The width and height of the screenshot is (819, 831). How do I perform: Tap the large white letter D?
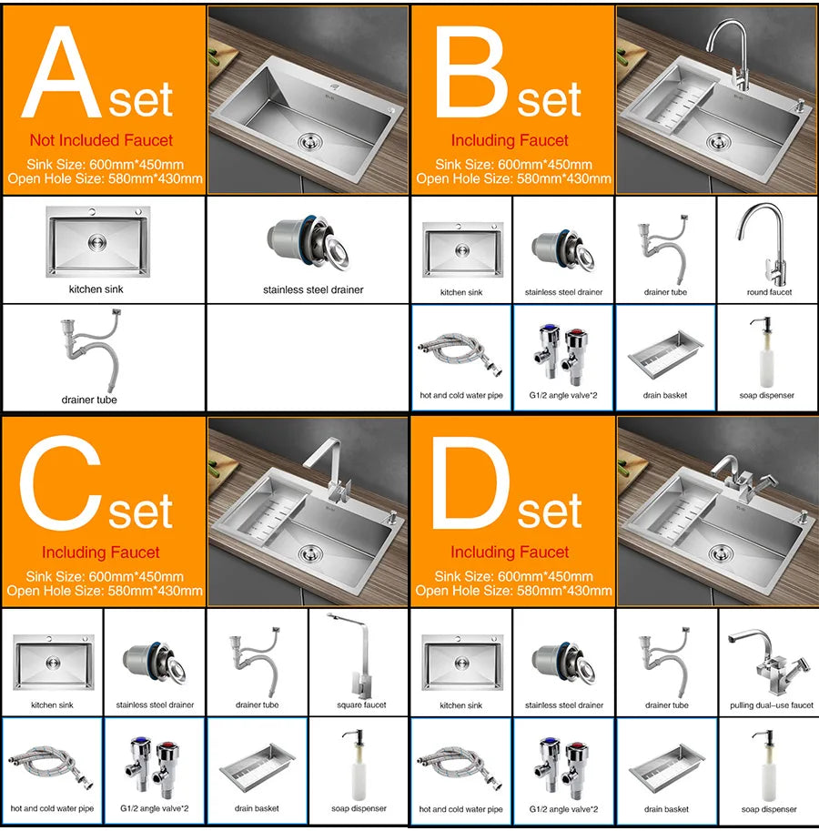[471, 482]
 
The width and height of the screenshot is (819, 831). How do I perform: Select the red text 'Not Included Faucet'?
[101, 140]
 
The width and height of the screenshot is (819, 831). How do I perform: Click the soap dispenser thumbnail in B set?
[766, 352]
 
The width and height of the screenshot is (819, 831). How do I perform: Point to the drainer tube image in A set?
[89, 350]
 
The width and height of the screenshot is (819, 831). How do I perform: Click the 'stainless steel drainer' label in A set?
[313, 290]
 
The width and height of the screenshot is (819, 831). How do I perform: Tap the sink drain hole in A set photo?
[309, 142]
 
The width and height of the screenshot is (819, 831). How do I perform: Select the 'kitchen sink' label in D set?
[460, 705]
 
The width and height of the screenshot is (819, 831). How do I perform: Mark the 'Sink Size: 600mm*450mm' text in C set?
[105, 576]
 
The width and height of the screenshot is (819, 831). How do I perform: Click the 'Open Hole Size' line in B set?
[513, 178]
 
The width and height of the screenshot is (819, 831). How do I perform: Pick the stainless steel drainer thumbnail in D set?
[563, 665]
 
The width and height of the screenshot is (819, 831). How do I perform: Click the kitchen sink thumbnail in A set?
[98, 242]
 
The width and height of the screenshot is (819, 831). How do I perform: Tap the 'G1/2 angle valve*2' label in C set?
[154, 809]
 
